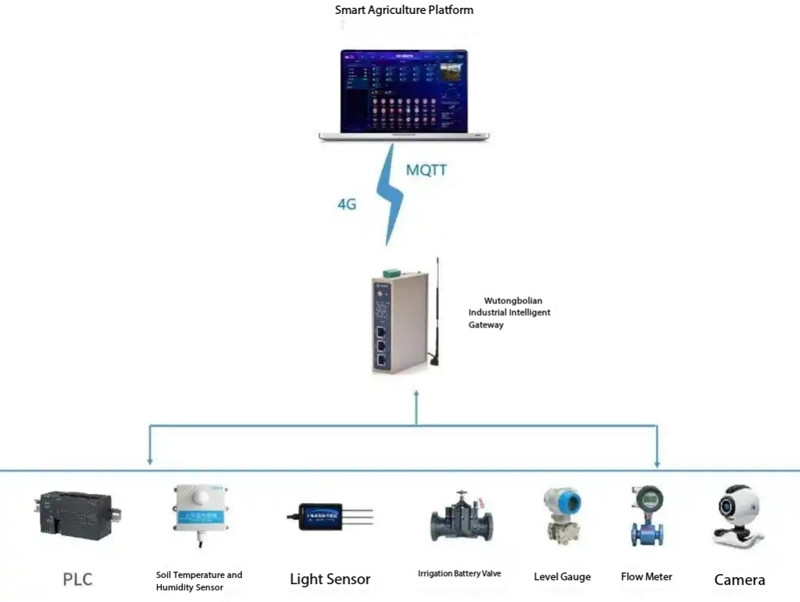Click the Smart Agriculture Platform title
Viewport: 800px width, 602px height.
pos(404,10)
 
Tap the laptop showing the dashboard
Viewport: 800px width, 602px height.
pos(404,96)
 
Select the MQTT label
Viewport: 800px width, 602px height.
pos(426,170)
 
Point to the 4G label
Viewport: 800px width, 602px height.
pos(346,205)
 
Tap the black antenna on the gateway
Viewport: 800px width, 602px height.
pos(437,311)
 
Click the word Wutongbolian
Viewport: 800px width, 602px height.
pos(513,300)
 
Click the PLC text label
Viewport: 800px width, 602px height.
pos(78,579)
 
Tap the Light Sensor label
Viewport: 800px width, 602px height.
pos(330,579)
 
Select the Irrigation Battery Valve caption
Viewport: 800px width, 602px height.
pos(459,574)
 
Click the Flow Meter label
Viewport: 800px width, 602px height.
pos(646,577)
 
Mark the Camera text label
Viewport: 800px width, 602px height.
pos(739,579)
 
